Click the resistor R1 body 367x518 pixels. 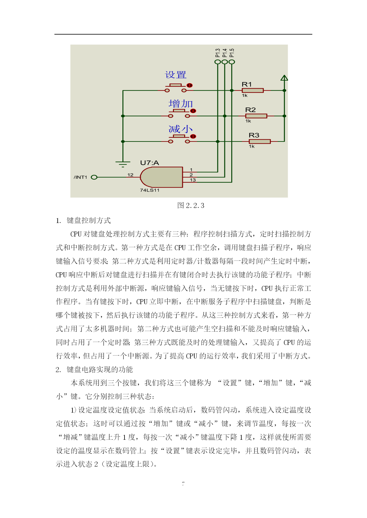coord(253,90)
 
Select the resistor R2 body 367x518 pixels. coord(256,116)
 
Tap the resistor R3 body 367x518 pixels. coord(260,141)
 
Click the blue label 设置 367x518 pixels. coord(176,75)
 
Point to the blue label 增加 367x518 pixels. coord(181,104)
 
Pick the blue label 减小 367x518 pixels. coord(181,129)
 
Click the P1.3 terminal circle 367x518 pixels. coord(218,62)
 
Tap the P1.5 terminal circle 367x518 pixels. coord(232,62)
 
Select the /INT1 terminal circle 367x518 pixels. coord(94,177)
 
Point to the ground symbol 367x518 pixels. coord(123,164)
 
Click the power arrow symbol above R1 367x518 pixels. coord(284,78)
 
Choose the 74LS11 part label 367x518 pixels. coord(150,190)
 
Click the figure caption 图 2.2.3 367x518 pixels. coord(191,206)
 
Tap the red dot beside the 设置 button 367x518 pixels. coord(190,85)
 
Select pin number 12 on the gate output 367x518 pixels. coord(130,175)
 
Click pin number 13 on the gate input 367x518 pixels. coord(193,180)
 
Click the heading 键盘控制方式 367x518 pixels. coord(89,220)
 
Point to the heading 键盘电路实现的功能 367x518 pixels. coord(100,369)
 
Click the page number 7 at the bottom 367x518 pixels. coord(183,484)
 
